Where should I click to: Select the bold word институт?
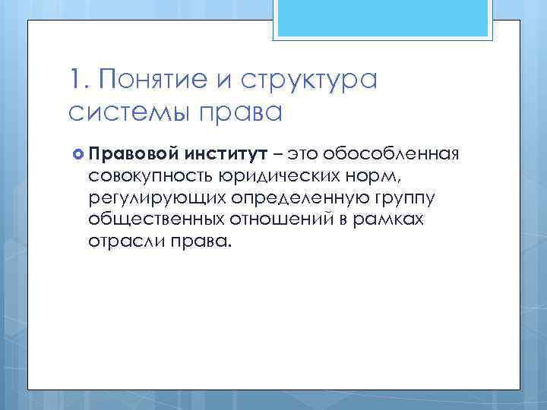point(224,155)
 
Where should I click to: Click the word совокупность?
point(147,177)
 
